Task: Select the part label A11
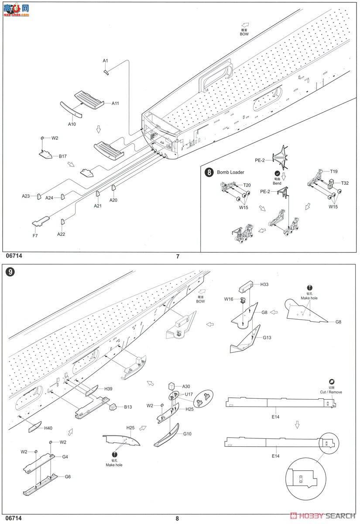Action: pos(115,103)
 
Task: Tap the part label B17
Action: pos(62,156)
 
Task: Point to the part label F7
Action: pos(35,236)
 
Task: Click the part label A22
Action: pos(61,234)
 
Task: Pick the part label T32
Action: pos(345,183)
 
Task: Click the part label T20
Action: pos(247,185)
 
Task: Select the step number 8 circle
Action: pos(209,172)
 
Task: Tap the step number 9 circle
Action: pos(10,271)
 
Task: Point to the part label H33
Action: pos(264,284)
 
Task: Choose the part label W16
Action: pos(229,299)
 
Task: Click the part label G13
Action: pos(267,337)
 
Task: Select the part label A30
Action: pos(186,386)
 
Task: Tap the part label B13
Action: pos(127,407)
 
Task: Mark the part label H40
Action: pos(48,428)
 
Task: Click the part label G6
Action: pos(68,476)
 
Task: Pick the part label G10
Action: pos(187,434)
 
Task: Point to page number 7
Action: pos(178,257)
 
